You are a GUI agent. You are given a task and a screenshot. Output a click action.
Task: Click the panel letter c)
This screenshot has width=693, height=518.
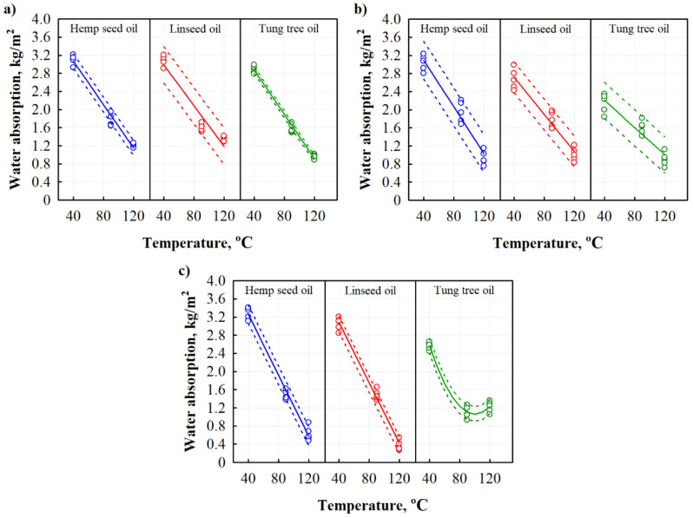(x=184, y=270)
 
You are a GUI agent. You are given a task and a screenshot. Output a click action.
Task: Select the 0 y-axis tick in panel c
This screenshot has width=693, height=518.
(x=223, y=462)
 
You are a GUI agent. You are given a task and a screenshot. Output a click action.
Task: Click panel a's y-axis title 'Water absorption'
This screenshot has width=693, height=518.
(x=20, y=109)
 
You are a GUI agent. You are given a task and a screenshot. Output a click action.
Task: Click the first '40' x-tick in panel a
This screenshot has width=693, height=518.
(x=74, y=213)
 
